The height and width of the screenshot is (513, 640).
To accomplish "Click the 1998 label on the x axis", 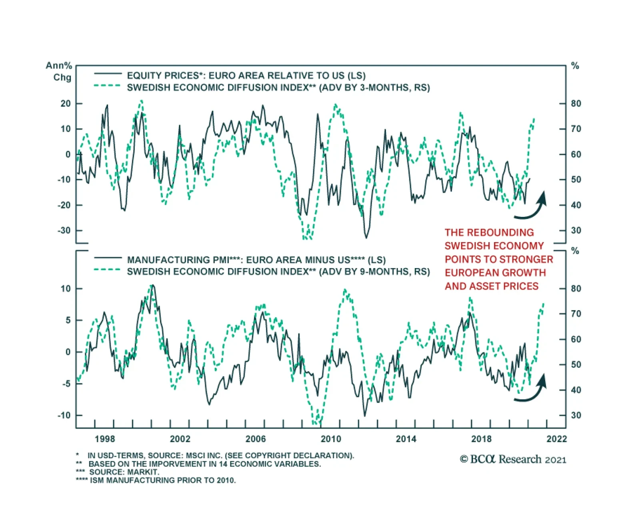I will click(105, 439).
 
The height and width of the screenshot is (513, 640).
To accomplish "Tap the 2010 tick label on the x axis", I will click(331, 439).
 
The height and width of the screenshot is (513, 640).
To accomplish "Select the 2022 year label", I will click(556, 439).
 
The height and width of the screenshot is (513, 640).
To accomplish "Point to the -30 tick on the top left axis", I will click(64, 230).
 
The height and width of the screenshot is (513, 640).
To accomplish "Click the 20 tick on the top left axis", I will click(66, 103).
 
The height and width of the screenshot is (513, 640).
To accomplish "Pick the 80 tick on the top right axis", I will click(576, 103).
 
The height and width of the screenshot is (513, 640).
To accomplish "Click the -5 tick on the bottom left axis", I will click(66, 384).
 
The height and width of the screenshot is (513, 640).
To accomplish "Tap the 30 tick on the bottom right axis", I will click(576, 415).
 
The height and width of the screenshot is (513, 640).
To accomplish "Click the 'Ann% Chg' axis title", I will click(59, 71).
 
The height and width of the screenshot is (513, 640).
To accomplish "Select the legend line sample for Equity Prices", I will click(108, 74).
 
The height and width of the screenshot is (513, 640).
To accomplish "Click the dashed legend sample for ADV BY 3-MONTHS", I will click(107, 86).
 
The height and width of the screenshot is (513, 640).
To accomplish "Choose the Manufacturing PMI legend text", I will click(256, 260).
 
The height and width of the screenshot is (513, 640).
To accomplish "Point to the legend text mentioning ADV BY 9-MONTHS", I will click(278, 272).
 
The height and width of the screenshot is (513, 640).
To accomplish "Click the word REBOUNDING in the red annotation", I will click(500, 232).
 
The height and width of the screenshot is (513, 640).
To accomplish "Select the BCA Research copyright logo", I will click(513, 459).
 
